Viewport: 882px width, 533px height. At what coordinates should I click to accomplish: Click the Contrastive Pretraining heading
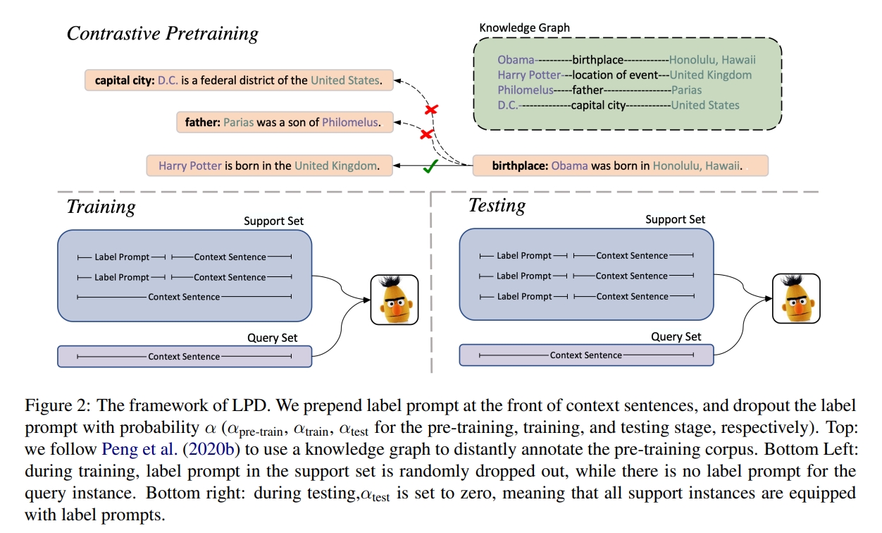click(162, 33)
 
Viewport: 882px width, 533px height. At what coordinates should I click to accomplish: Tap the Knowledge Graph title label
click(524, 27)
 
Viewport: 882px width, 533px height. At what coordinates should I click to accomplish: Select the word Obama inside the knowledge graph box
click(516, 60)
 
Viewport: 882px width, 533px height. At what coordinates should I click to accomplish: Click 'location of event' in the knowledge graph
click(615, 75)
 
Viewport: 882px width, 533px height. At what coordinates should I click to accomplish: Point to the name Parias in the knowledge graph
click(686, 90)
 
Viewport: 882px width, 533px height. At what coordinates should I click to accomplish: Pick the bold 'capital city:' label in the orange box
click(125, 81)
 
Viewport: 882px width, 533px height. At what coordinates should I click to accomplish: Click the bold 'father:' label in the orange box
click(202, 123)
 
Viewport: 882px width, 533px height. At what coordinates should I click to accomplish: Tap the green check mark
click(430, 166)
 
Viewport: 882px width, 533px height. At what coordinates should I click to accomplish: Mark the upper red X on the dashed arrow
click(432, 109)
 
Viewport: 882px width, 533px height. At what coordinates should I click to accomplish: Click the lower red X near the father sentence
click(426, 135)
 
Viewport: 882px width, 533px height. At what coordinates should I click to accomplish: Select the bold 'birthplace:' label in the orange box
click(520, 166)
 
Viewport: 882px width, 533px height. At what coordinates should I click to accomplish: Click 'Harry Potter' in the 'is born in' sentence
click(190, 166)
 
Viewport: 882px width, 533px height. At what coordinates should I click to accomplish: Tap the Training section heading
click(101, 207)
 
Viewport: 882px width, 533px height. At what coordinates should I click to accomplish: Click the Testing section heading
click(497, 206)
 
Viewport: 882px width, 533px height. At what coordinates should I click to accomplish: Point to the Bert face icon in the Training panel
click(395, 300)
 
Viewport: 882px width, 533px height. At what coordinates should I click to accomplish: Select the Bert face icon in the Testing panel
click(796, 298)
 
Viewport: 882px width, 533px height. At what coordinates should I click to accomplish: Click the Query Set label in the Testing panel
click(676, 337)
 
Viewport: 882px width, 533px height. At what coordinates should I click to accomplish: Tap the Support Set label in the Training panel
click(273, 221)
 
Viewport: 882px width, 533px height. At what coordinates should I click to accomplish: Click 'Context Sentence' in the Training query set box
click(184, 357)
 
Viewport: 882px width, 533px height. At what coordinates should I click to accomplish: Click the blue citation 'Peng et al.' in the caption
click(139, 449)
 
